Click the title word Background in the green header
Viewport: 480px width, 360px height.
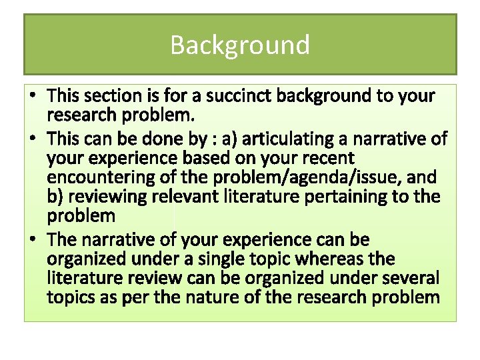tap(240, 45)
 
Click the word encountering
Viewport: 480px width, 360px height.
tap(93, 177)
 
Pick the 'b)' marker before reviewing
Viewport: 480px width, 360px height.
tap(55, 197)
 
